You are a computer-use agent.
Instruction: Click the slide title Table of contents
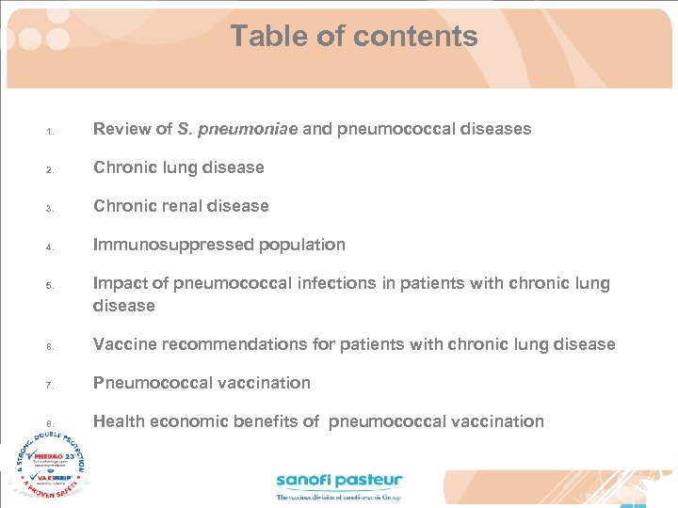point(354,37)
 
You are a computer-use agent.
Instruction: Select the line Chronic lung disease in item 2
point(178,167)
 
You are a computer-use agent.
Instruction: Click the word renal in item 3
point(181,206)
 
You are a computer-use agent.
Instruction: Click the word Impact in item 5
point(120,283)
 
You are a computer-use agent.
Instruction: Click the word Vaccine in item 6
point(124,344)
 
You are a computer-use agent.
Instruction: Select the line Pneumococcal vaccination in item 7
point(202,383)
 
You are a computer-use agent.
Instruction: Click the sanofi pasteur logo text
point(339,482)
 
